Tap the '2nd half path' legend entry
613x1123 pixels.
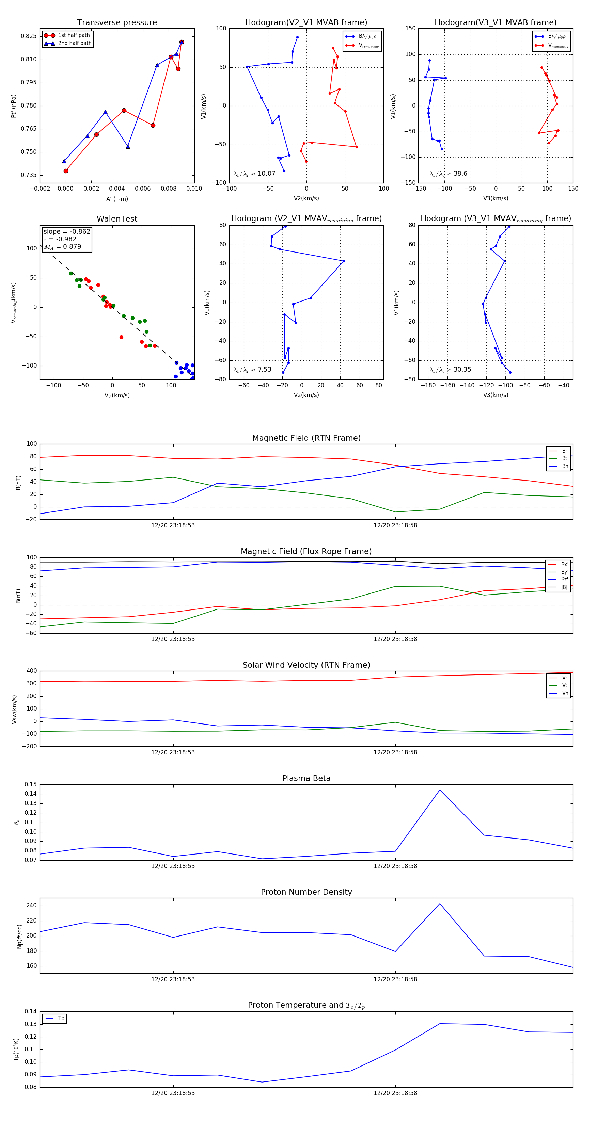[x=75, y=43]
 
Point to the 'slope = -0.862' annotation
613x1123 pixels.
[x=67, y=231]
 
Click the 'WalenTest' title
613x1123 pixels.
[x=117, y=219]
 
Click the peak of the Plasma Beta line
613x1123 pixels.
[x=439, y=790]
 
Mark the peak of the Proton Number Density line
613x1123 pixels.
[x=439, y=903]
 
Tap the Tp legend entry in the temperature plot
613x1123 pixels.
[x=61, y=1019]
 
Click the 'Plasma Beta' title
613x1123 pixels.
[x=306, y=778]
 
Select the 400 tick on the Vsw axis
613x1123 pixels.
[x=31, y=671]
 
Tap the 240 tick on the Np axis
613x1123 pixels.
[x=31, y=906]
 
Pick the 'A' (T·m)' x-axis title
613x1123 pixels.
[x=117, y=199]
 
